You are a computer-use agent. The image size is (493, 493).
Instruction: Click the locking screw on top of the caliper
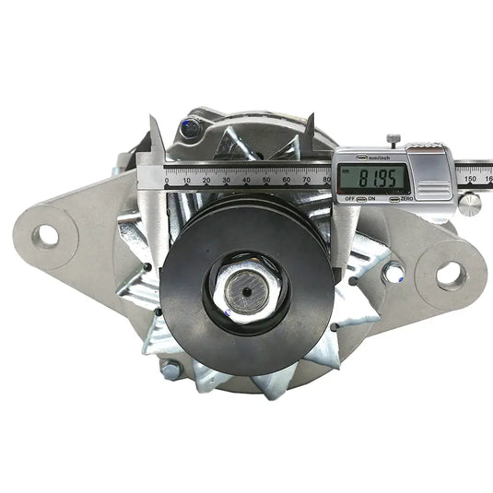coord(393,139)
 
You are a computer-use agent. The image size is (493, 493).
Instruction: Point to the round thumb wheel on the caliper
coord(470,203)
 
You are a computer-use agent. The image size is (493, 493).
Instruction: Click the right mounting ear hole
coord(449,272)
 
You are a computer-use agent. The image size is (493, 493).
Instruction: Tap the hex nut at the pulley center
coord(247,295)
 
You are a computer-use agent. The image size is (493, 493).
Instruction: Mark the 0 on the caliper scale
coord(167,181)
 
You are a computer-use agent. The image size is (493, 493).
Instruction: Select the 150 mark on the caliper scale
coord(469,181)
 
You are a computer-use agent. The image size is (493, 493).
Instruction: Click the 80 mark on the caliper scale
coord(326,181)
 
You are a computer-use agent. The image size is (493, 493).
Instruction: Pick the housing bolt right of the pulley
coord(393,273)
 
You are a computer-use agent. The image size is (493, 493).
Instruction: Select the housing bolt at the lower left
coord(170,370)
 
